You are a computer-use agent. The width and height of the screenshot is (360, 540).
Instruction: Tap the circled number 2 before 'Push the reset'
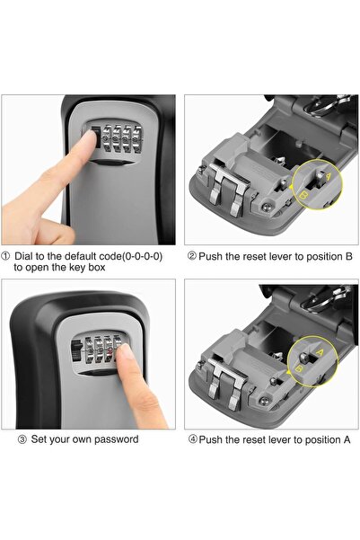(192, 255)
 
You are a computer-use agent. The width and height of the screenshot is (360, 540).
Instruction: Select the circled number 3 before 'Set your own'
(22, 439)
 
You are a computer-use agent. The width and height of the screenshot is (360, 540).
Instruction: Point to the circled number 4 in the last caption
(192, 439)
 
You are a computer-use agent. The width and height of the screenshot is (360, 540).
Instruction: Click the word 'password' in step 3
(114, 439)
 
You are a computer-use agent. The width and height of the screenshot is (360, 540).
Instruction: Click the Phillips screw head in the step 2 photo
(269, 206)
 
